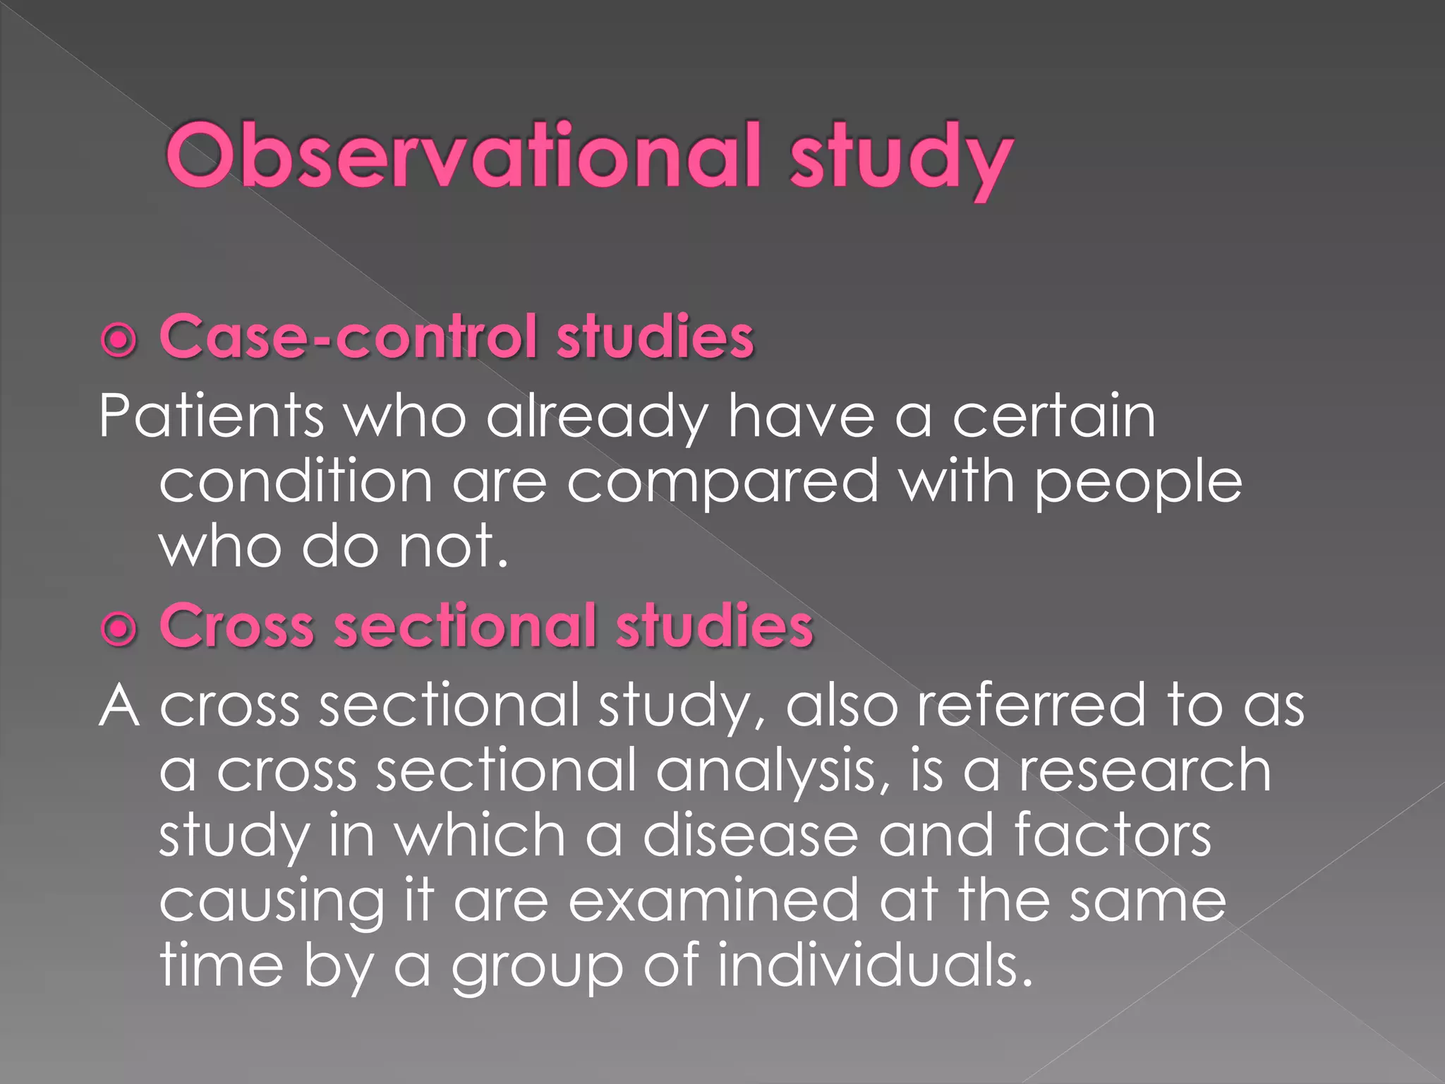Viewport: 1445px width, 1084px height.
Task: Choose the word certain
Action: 1054,416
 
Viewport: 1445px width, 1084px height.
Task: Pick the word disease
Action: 750,835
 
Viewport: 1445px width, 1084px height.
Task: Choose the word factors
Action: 1113,835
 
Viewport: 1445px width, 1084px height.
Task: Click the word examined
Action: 713,900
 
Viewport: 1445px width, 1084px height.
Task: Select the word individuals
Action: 875,964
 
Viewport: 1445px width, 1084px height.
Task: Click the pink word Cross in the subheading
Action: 237,626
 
